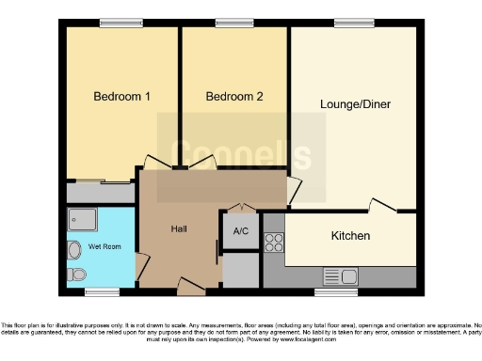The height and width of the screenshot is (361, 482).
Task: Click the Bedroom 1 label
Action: (x=121, y=96)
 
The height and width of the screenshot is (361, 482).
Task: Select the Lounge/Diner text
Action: (x=355, y=103)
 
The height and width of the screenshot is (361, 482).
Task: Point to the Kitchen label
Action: (x=349, y=235)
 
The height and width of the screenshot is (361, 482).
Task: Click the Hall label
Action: (x=179, y=229)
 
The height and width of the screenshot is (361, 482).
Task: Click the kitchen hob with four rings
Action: (x=273, y=243)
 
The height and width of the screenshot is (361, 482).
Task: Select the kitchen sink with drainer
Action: (x=339, y=275)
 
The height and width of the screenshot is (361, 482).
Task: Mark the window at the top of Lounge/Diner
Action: (x=350, y=24)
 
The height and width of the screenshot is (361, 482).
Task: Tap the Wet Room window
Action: (x=103, y=291)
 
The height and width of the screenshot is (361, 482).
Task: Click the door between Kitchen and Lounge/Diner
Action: (x=382, y=206)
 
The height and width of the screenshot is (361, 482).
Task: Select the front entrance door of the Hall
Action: (x=189, y=283)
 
